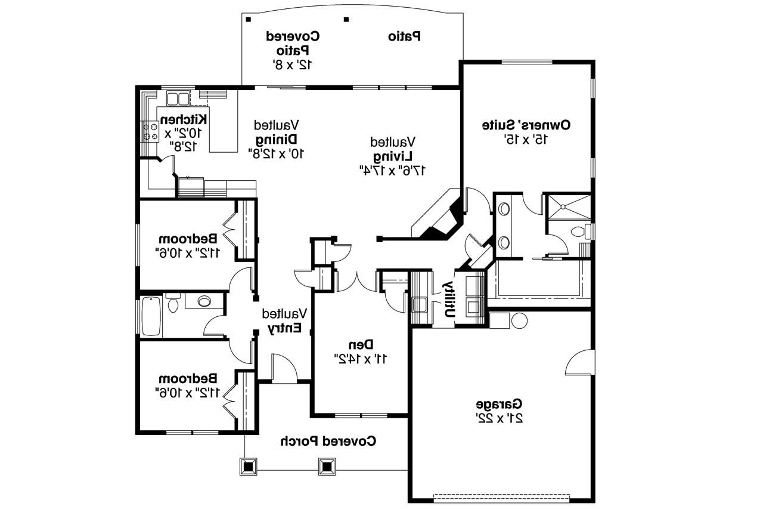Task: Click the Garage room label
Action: pyautogui.click(x=499, y=404)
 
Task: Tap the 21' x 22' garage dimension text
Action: pyautogui.click(x=499, y=418)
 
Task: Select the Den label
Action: pyautogui.click(x=361, y=345)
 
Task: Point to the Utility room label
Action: pyautogui.click(x=449, y=300)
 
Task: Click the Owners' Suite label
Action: pyautogui.click(x=526, y=125)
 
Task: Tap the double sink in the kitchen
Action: pyautogui.click(x=178, y=98)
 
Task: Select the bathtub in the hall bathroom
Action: pyautogui.click(x=151, y=316)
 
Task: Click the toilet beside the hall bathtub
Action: pyautogui.click(x=173, y=303)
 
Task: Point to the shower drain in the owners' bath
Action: pyautogui.click(x=563, y=206)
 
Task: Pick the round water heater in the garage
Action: pyautogui.click(x=519, y=321)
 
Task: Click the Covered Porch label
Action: pyautogui.click(x=328, y=441)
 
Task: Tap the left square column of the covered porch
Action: pyautogui.click(x=249, y=467)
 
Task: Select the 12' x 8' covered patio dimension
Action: pyautogui.click(x=293, y=65)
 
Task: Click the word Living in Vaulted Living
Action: pyautogui.click(x=393, y=156)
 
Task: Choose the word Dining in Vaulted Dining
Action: pyautogui.click(x=277, y=139)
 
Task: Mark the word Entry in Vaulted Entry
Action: pyautogui.click(x=284, y=328)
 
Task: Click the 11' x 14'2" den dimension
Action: pyautogui.click(x=361, y=359)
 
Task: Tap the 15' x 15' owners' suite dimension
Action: pyautogui.click(x=526, y=140)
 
